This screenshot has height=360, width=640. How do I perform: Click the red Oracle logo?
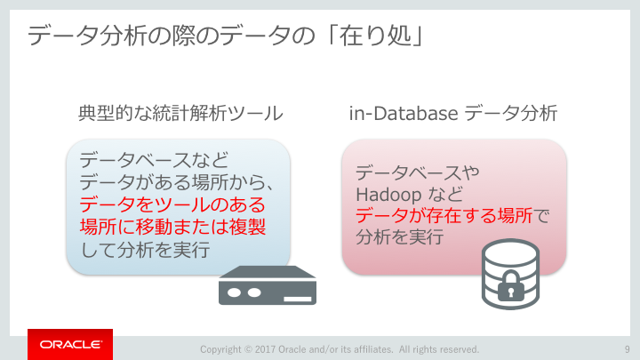70,344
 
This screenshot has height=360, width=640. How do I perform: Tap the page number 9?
628,349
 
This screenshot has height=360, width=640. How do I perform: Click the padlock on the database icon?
510,285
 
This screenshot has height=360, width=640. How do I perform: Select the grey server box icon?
268,285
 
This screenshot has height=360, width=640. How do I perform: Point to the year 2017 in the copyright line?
265,349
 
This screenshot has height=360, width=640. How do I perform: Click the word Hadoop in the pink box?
383,195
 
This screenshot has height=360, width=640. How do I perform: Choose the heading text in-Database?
404,113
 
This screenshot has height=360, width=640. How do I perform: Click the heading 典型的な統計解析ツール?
180,113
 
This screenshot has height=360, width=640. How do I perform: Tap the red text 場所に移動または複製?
172,227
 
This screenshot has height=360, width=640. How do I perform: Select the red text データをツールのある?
172,204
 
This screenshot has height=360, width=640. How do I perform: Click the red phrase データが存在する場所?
444,215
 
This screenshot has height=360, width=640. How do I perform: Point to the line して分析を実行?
145,250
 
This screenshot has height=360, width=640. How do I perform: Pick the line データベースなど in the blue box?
154,160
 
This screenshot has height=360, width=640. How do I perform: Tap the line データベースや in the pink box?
418,172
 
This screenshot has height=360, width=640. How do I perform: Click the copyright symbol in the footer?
248,349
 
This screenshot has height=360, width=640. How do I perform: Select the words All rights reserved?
439,349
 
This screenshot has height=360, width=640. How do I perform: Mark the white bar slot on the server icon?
298,300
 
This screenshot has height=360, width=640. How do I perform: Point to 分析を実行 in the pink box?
400,236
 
